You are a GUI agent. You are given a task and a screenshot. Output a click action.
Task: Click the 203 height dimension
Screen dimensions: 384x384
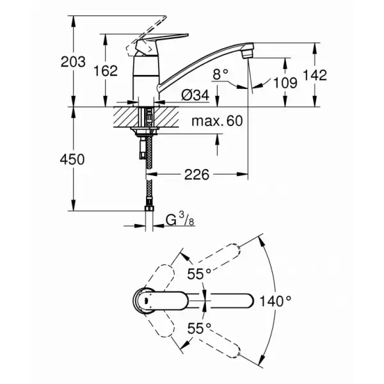click(72, 62)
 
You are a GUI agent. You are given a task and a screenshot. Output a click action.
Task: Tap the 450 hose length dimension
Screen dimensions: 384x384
click(72, 159)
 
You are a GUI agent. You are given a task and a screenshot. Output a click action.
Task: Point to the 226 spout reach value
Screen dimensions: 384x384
click(199, 173)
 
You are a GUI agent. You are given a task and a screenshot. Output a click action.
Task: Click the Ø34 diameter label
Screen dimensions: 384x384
click(195, 95)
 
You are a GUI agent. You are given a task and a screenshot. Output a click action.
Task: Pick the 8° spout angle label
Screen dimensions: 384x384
click(220, 75)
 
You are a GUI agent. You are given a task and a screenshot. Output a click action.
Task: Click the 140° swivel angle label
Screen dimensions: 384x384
click(276, 299)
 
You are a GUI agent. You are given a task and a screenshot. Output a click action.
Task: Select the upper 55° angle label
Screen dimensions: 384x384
click(199, 273)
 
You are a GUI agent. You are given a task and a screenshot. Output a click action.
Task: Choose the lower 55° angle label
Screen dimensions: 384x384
click(199, 328)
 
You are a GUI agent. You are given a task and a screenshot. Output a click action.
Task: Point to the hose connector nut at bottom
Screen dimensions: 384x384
click(148, 206)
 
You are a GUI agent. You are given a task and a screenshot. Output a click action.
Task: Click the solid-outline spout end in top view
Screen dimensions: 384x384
click(246, 300)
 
